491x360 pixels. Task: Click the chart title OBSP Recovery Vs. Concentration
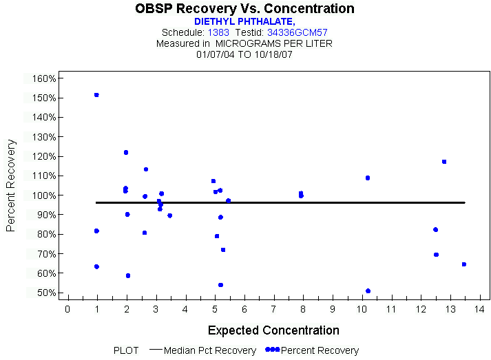coord(244,9)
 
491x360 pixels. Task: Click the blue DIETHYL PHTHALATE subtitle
coord(244,21)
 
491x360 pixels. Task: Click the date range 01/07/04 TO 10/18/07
coord(244,54)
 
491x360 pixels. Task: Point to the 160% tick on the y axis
coord(44,78)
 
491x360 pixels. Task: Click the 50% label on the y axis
coord(44,293)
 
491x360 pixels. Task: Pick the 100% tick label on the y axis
coord(44,195)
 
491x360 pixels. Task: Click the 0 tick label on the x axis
coord(67,308)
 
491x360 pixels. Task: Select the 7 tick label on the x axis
coord(273,308)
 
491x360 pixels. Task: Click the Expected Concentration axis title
coord(273,330)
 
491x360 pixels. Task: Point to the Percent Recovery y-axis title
coord(12,185)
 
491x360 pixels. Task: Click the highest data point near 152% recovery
coord(96,95)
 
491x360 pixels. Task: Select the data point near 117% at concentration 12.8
coord(444,162)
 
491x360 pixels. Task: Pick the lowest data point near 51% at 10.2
coord(368,291)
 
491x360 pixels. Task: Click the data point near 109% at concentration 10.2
coord(368,178)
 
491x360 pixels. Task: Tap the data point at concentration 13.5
coord(464,264)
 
